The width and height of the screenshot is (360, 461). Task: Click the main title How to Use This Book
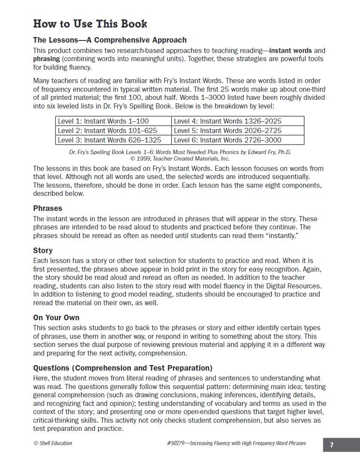pos(90,24)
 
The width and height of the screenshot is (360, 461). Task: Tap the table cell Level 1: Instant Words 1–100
pos(103,121)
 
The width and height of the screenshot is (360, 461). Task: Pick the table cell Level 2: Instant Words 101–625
pos(108,130)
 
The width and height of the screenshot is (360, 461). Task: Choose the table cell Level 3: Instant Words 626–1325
pos(110,140)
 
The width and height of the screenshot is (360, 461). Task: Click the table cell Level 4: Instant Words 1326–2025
pos(228,121)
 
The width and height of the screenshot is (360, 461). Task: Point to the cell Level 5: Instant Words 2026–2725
pos(228,130)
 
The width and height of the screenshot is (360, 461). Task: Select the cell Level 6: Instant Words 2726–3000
pos(228,140)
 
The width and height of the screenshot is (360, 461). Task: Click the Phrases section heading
pos(48,208)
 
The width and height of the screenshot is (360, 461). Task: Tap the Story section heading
pos(43,251)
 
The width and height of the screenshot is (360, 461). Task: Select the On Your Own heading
pos(56,318)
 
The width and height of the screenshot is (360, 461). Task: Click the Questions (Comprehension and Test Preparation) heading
pos(123,368)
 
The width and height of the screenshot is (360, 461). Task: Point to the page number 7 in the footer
pos(332,445)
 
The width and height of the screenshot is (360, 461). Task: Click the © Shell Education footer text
pos(53,443)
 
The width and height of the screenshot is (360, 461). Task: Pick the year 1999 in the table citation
pos(144,158)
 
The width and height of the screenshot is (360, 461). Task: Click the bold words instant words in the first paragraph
pos(291,50)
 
